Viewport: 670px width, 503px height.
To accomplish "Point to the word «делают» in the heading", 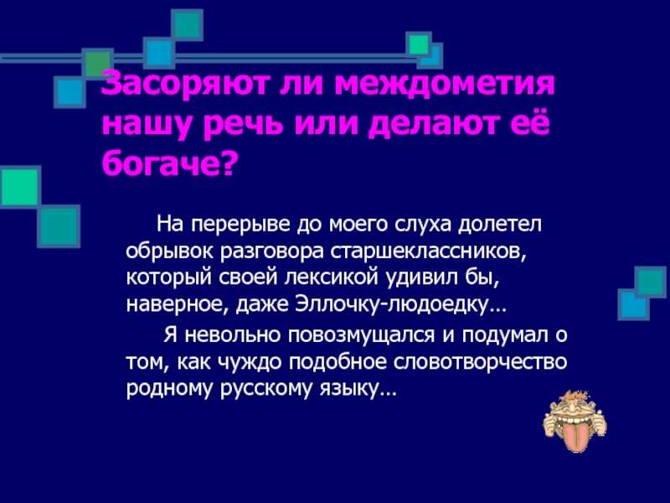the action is click(430, 124).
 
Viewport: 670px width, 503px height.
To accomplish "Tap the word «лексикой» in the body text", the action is click(332, 278).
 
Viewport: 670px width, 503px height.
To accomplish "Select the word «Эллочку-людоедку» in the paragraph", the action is click(391, 305).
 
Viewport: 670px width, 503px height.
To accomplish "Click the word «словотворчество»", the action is click(480, 362).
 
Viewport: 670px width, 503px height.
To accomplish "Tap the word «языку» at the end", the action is click(349, 389).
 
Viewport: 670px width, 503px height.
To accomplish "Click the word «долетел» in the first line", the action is click(499, 225).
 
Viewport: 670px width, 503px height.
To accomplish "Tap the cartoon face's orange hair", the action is click(574, 397).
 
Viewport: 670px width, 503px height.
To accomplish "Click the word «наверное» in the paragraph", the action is click(178, 305).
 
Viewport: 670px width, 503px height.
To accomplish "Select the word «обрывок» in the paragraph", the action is click(171, 252).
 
